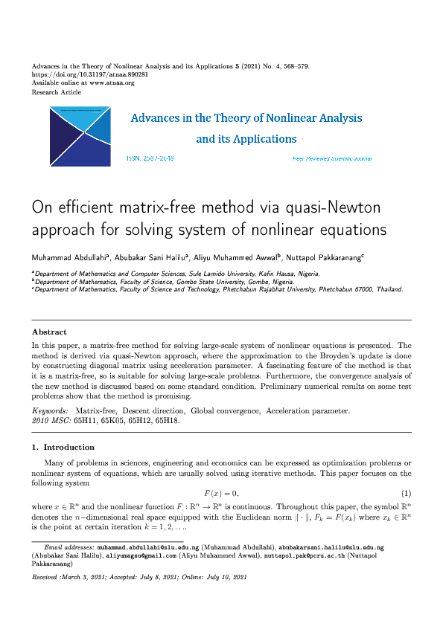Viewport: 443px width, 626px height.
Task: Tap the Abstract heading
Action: click(49, 332)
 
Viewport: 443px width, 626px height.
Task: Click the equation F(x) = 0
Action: click(222, 494)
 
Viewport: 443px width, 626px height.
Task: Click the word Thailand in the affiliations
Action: click(388, 289)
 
